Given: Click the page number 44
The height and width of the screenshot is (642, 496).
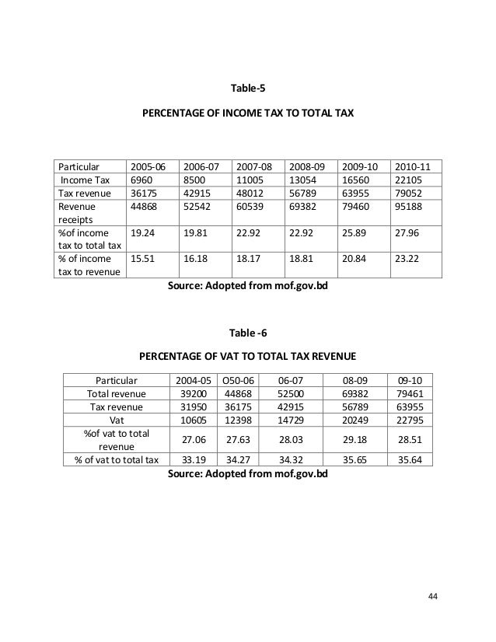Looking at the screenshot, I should click(x=433, y=596).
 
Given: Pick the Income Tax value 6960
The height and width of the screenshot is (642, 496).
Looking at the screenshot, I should click(x=141, y=180).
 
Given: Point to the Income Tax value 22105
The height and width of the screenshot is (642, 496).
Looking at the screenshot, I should click(x=410, y=180).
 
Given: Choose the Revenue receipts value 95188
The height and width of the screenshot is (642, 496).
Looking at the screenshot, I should click(x=410, y=207).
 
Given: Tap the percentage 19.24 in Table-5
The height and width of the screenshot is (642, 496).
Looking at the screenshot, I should click(x=141, y=233).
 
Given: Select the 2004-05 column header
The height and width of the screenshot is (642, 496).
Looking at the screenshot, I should click(x=190, y=381).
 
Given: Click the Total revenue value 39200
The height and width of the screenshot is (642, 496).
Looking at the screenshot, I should click(x=190, y=394).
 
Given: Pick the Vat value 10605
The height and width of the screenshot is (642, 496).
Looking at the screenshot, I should click(x=190, y=420).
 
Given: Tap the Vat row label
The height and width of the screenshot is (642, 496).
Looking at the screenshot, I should click(x=115, y=420).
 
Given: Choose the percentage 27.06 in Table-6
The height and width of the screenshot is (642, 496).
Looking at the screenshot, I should click(x=190, y=440).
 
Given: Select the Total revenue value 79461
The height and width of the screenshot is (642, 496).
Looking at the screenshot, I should click(x=410, y=394).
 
